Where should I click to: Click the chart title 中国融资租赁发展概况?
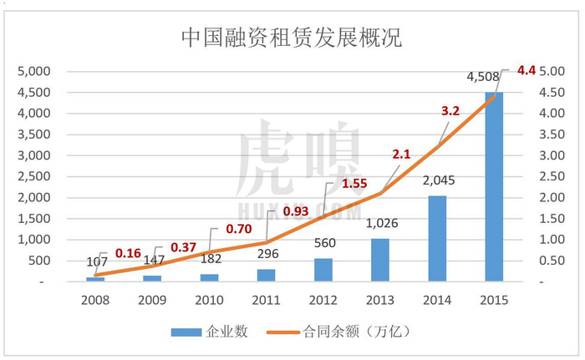[292, 37]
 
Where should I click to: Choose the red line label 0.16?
[129, 253]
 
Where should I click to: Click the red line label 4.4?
[526, 69]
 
